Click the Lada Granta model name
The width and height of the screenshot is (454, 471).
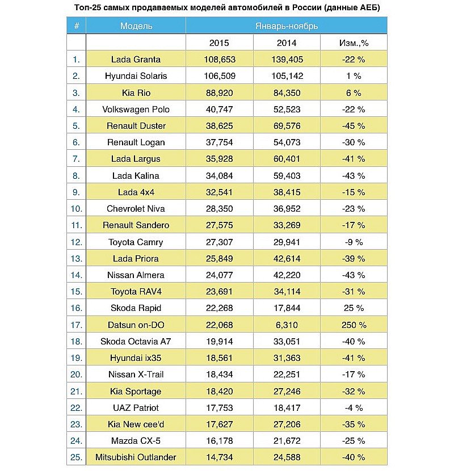pos(136,59)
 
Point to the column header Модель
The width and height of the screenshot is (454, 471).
pos(136,26)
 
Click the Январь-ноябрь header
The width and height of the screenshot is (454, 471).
pos(287,26)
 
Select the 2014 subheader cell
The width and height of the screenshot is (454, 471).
pos(287,43)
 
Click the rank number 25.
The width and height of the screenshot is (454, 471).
pos(76,457)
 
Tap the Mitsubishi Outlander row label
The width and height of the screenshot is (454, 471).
pos(136,457)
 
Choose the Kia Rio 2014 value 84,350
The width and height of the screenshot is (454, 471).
pos(287,92)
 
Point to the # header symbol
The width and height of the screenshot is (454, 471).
pos(76,26)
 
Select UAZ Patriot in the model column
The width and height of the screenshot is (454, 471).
pos(136,407)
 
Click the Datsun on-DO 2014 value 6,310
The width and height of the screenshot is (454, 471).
pos(287,325)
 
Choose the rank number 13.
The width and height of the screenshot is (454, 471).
pos(76,258)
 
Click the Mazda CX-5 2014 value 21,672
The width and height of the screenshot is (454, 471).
pos(287,440)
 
